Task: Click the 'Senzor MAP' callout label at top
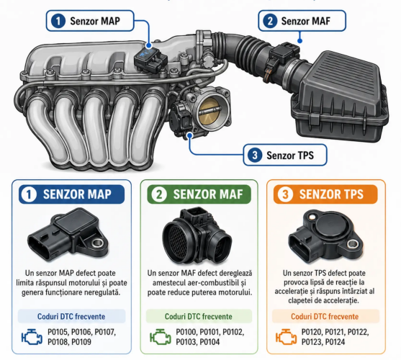(x=90, y=21)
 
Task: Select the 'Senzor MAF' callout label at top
(x=302, y=21)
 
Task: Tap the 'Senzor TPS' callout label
(x=285, y=155)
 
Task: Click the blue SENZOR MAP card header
(x=71, y=194)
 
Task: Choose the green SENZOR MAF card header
(x=199, y=194)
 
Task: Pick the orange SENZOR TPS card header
(x=325, y=194)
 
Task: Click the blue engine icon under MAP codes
(x=32, y=337)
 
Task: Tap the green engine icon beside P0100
(x=160, y=337)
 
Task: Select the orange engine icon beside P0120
(x=286, y=337)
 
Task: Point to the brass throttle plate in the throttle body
(x=209, y=112)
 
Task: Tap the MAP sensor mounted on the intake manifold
(x=150, y=60)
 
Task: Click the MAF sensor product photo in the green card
(x=197, y=236)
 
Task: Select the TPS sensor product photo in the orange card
(x=325, y=236)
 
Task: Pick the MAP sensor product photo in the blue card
(x=68, y=235)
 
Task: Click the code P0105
(x=58, y=332)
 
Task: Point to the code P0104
(x=209, y=342)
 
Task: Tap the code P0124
(x=335, y=342)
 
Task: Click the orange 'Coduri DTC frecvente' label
(x=325, y=316)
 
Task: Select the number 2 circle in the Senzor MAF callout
(x=270, y=21)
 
